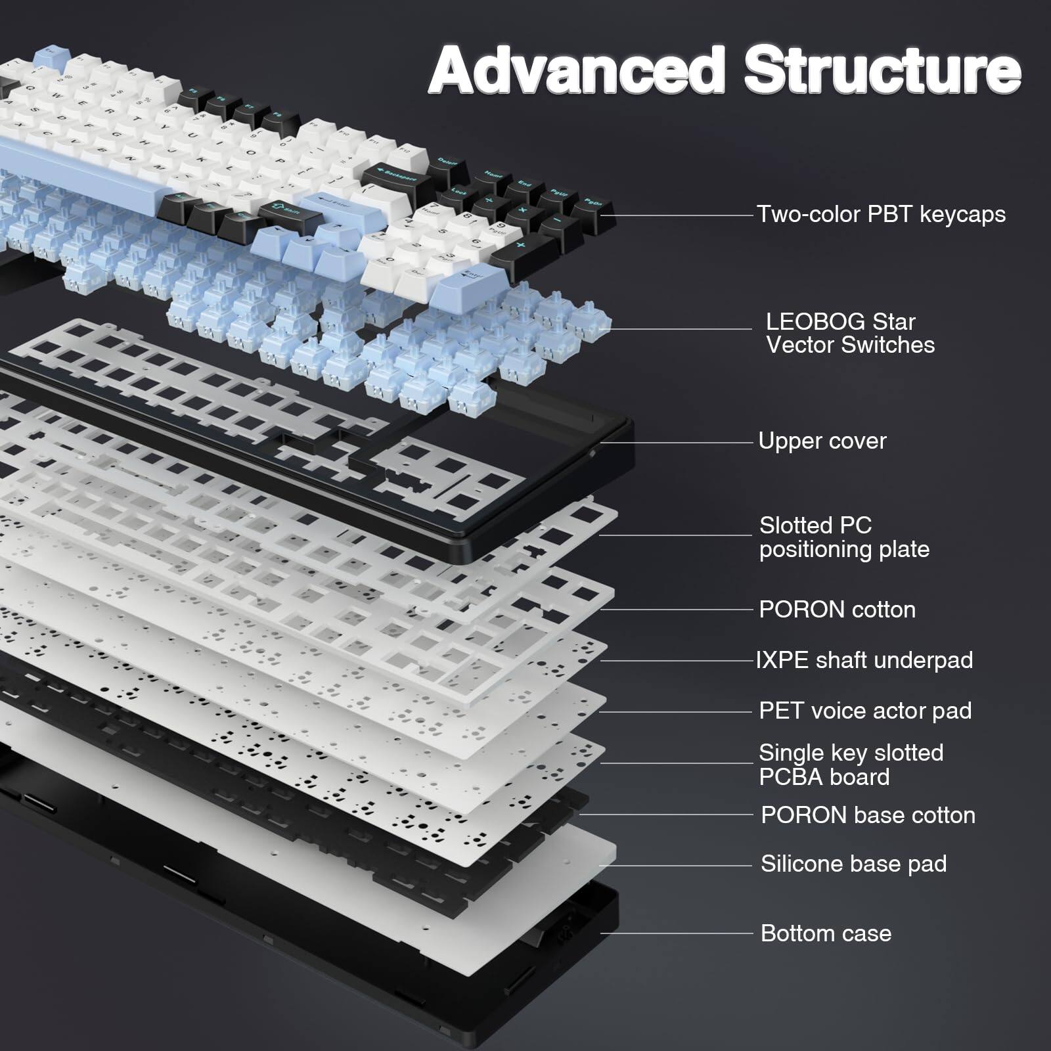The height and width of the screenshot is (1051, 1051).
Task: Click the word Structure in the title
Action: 882,71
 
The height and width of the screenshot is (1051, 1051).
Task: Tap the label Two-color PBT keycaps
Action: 880,214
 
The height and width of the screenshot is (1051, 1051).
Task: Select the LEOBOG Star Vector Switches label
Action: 849,333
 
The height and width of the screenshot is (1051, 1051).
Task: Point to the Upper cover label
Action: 822,441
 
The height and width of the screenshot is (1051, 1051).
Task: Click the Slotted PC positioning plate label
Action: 844,537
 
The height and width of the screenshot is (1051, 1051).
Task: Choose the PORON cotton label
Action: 837,610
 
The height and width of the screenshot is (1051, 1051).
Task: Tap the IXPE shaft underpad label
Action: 864,660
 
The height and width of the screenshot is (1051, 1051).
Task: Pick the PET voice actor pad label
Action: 864,711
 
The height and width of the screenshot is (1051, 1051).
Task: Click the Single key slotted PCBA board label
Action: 851,765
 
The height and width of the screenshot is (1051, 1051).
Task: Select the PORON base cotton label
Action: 867,815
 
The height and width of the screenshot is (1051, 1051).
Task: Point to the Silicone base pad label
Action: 853,864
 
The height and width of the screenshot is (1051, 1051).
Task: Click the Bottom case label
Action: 826,933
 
